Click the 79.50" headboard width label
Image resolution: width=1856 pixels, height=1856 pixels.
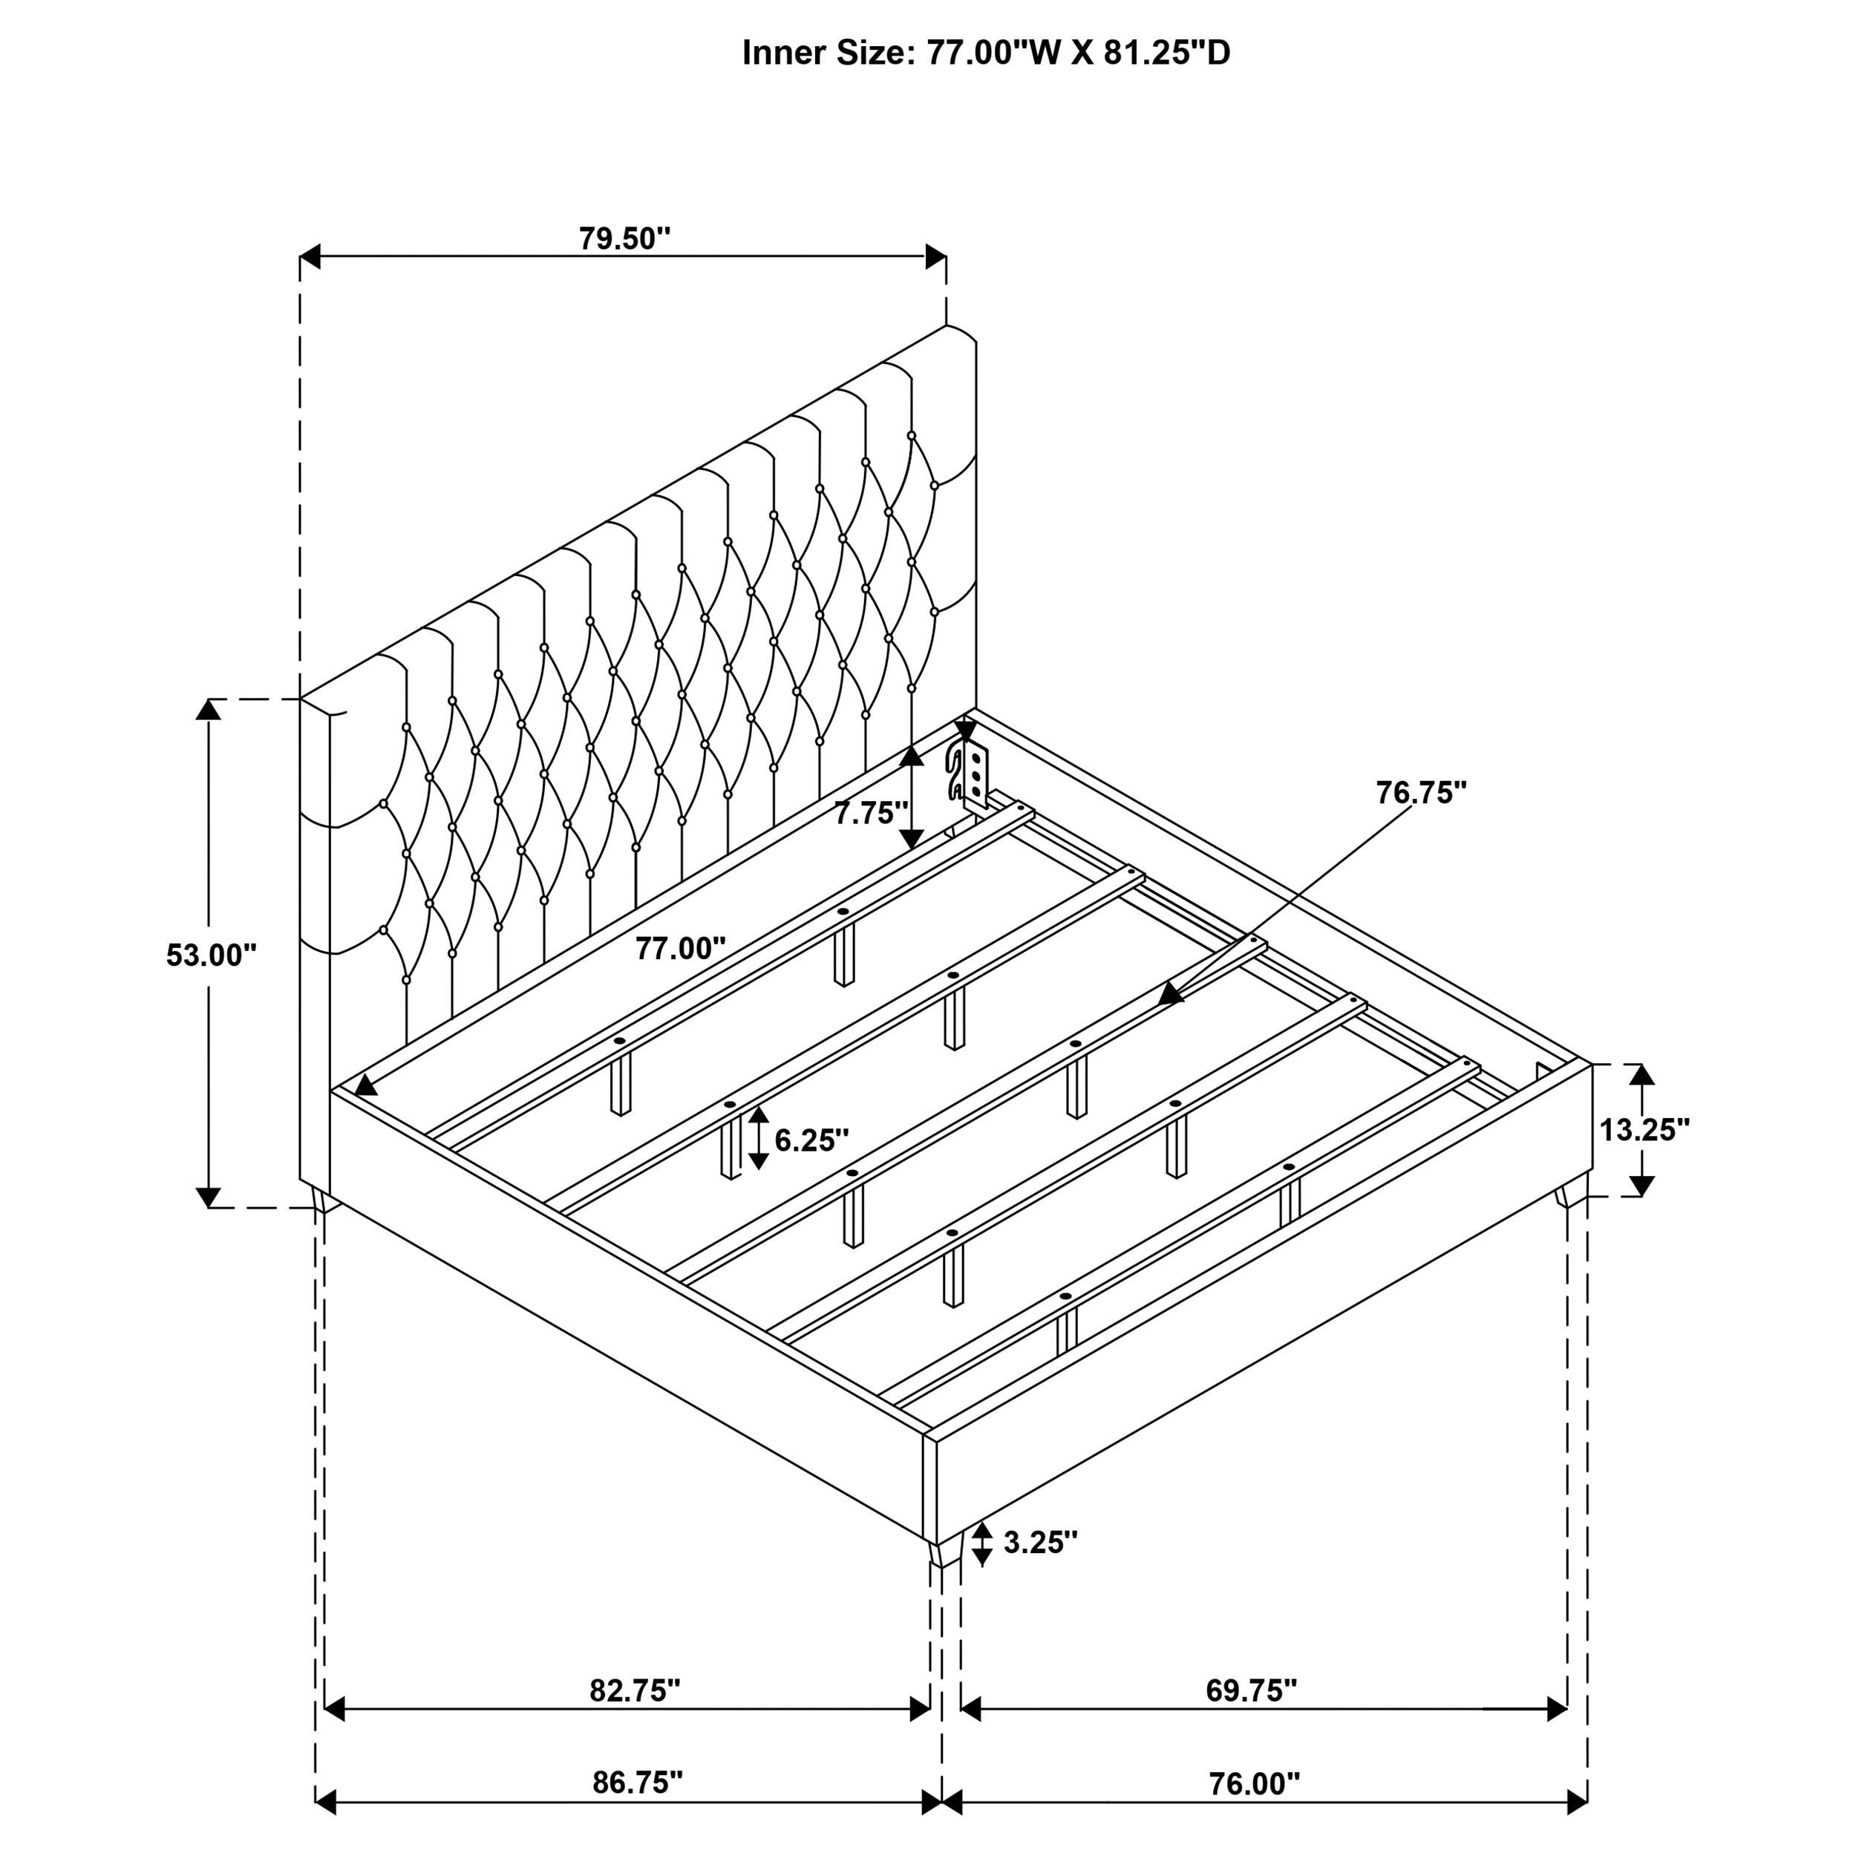pos(624,238)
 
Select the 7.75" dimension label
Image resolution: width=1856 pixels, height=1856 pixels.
pos(870,813)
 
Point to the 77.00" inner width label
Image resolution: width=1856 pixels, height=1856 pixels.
pos(680,948)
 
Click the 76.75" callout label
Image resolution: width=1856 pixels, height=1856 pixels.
pos(1421,793)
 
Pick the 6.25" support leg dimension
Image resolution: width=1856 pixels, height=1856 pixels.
pos(811,1140)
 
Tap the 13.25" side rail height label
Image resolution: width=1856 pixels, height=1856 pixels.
pos(1644,1130)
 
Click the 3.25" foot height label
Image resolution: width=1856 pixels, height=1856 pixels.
pos(1040,1543)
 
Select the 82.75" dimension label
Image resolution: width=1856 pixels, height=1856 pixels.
pos(635,1690)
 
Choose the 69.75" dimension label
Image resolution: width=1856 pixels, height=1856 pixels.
pos(1252,1690)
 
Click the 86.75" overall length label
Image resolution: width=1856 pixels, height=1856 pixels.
pos(637,1783)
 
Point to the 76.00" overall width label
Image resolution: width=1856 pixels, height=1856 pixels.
pos(1254,1784)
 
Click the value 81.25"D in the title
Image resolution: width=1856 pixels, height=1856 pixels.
pos(1166,53)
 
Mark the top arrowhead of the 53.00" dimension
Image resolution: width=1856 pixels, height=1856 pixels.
pos(208,710)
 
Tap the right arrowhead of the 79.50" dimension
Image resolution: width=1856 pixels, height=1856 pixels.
pos(935,256)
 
